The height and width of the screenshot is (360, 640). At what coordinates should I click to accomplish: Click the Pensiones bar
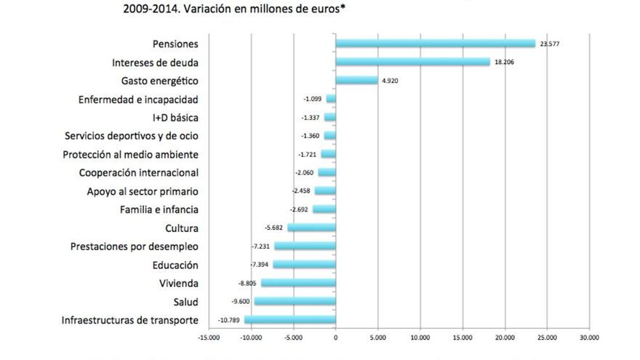point(435,44)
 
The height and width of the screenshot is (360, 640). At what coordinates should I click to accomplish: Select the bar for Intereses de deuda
point(412,62)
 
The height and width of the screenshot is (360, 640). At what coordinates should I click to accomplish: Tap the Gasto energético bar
point(356,80)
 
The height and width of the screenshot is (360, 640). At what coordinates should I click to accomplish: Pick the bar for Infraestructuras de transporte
point(289,320)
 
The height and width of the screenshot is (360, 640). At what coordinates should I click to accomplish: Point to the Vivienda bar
point(298,283)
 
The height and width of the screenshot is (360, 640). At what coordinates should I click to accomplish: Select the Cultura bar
point(311,228)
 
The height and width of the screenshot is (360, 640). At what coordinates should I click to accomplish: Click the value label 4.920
point(390,81)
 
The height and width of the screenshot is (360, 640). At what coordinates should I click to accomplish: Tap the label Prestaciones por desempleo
point(135,247)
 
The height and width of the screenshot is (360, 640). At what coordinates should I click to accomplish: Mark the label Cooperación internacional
point(138,172)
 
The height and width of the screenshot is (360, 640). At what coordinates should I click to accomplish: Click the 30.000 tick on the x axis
point(589,337)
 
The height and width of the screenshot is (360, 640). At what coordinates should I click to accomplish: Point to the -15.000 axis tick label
point(208,337)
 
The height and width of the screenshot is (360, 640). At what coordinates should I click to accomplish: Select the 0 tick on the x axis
point(335,337)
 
